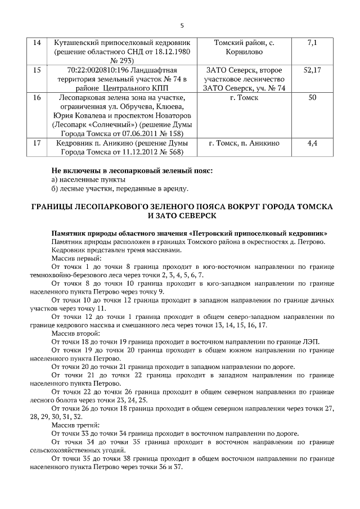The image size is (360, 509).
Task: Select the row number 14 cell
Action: pos(37,43)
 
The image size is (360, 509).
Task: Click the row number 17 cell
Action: pos(37,143)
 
